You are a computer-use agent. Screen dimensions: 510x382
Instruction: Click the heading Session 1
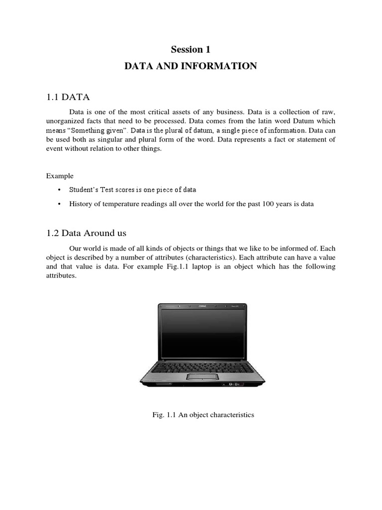(191, 49)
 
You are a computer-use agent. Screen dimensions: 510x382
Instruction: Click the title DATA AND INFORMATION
(191, 66)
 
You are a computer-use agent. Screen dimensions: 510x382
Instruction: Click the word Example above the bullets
(60, 176)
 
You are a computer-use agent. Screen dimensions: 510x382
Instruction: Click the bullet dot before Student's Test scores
(59, 190)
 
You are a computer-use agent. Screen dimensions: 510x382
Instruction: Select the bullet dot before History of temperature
(59, 204)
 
